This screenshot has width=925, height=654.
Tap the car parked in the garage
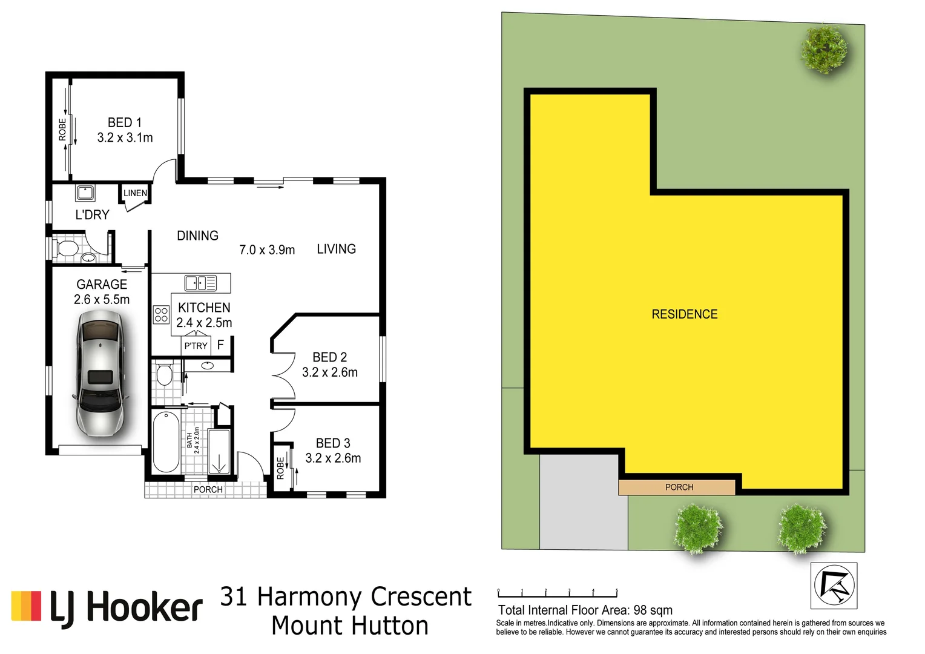point(100,374)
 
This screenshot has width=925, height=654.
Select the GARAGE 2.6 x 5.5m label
point(102,292)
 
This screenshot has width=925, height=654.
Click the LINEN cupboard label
point(135,193)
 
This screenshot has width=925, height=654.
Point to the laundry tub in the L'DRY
point(85,193)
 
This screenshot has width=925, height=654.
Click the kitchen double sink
point(200,283)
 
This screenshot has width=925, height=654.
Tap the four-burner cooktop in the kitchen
point(161,314)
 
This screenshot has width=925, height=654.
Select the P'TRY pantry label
point(196,346)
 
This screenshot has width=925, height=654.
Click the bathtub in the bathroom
point(165,442)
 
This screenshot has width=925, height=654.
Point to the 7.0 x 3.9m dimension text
point(267,250)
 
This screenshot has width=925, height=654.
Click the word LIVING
point(336,249)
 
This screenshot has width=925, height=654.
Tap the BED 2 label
point(329,357)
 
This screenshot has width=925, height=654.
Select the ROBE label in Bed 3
point(280,468)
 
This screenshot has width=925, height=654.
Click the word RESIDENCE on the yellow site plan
point(684,314)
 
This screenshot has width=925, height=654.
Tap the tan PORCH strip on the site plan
point(678,487)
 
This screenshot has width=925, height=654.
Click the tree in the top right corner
point(824,48)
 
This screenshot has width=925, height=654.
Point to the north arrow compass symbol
point(834,586)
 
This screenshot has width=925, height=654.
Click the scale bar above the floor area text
point(557,593)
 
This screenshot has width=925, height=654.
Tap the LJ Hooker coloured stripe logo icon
point(26,606)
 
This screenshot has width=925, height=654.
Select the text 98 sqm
point(653,610)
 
